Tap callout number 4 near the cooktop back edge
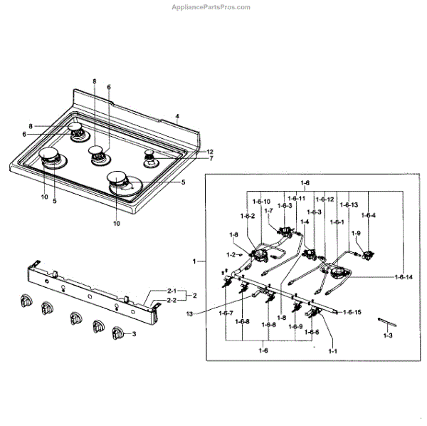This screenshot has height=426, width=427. coord(177,116)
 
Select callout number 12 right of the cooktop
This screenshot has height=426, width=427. coord(210,152)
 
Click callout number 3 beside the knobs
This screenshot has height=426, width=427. coord(135,333)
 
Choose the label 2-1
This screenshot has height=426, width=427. coord(172,291)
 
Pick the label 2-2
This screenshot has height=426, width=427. coord(172,301)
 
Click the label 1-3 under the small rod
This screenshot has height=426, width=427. coord(387,335)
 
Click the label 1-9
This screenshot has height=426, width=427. coord(357,233)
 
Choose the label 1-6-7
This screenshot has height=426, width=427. coord(226,313)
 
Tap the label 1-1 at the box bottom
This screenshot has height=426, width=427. coord(333,351)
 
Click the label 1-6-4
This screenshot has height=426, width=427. coord(368,215)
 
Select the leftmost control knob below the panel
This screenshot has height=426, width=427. coord(23,302)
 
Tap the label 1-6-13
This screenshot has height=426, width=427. coord(349,205)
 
